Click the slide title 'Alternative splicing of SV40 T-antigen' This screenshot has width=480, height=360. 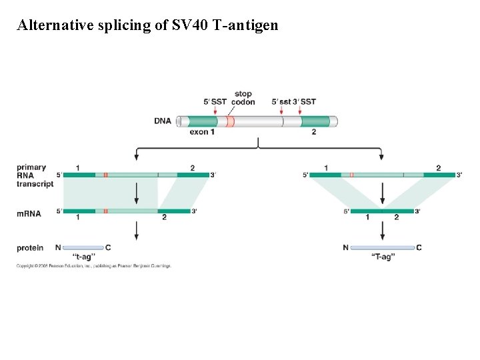(x=147, y=26)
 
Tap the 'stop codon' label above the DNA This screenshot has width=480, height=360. (x=243, y=98)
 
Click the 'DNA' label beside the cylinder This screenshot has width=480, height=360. (x=163, y=121)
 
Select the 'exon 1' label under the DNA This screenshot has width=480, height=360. (x=202, y=132)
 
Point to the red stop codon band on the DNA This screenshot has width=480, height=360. (x=230, y=121)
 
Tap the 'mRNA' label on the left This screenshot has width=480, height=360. (x=29, y=214)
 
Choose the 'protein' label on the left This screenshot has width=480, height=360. (x=30, y=248)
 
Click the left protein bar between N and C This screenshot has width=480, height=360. (x=83, y=247)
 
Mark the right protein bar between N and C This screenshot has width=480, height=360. (x=382, y=247)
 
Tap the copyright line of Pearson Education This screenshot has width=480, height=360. (x=94, y=266)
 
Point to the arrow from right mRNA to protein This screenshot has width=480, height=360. (x=382, y=230)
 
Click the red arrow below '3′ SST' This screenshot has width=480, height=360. (x=300, y=110)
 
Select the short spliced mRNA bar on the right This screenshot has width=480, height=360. (x=382, y=211)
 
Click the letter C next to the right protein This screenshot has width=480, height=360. (x=419, y=248)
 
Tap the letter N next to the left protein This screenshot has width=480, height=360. (x=58, y=248)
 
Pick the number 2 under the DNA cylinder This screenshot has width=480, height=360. (x=313, y=132)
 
